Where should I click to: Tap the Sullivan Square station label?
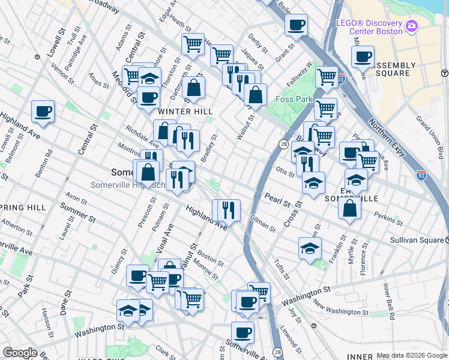(420, 239)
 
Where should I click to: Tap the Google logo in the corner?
(20, 352)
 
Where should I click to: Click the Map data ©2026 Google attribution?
(411, 355)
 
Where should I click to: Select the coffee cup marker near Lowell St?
(43, 111)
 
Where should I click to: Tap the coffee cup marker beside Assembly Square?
(363, 58)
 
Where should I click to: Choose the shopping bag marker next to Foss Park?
(255, 95)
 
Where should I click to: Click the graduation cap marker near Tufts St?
(310, 248)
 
